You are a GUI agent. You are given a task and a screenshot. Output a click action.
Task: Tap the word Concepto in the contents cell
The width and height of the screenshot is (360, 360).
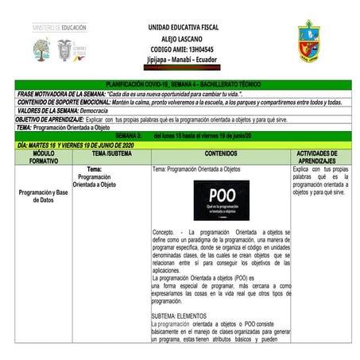pos(167,232)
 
